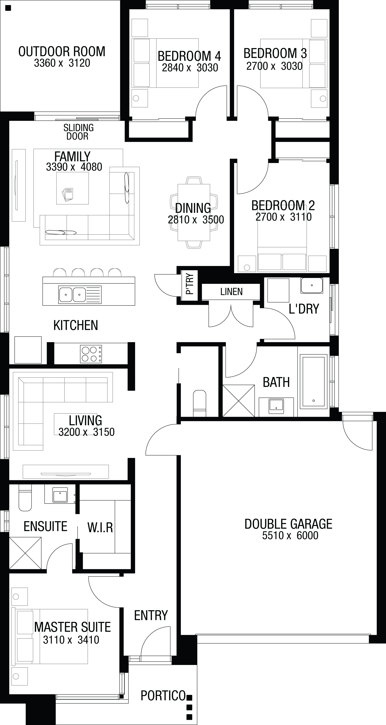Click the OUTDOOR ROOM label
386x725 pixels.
tap(62, 52)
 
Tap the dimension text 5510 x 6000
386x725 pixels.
tap(290, 535)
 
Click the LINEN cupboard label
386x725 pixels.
tap(231, 292)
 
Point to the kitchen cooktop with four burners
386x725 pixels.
tap(91, 354)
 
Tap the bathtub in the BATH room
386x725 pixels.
tap(313, 381)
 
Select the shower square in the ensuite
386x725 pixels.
tap(25, 553)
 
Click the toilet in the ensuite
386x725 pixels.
tap(25, 498)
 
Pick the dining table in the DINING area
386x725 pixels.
tap(194, 212)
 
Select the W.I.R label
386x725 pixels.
tap(100, 527)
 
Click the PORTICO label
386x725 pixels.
tap(163, 695)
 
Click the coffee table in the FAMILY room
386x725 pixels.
tap(72, 188)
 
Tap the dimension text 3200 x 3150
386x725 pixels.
tap(87, 432)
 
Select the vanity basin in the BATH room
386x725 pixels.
tap(276, 406)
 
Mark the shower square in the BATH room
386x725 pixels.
tap(239, 401)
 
